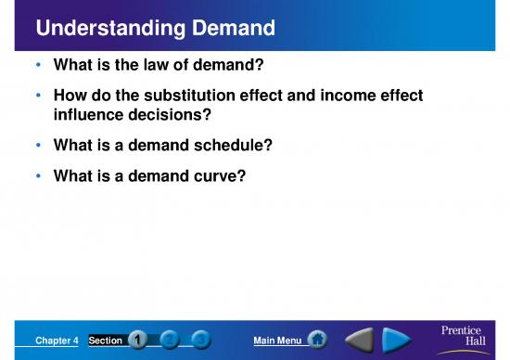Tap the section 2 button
point(168,341)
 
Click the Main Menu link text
point(276,341)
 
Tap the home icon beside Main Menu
point(316,341)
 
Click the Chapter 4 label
point(57,341)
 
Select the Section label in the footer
point(105,341)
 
